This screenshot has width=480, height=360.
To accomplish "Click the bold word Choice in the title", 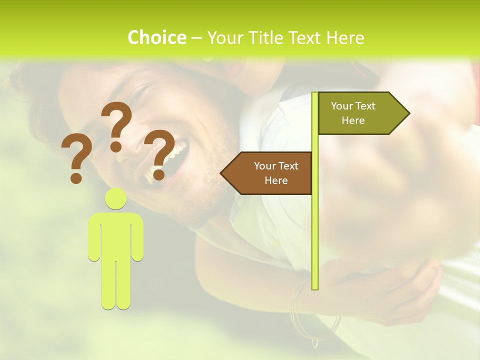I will pyautogui.click(x=156, y=37).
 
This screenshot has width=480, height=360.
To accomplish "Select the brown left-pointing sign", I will pyautogui.click(x=267, y=173).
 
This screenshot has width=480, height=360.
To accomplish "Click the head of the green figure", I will pyautogui.click(x=116, y=199).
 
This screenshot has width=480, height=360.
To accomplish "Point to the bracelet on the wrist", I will pyautogui.click(x=299, y=305).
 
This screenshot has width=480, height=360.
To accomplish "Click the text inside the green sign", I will pyautogui.click(x=353, y=113).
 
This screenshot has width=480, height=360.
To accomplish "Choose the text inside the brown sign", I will pyautogui.click(x=276, y=173).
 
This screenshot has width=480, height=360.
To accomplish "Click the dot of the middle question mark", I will pyautogui.click(x=116, y=146).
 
